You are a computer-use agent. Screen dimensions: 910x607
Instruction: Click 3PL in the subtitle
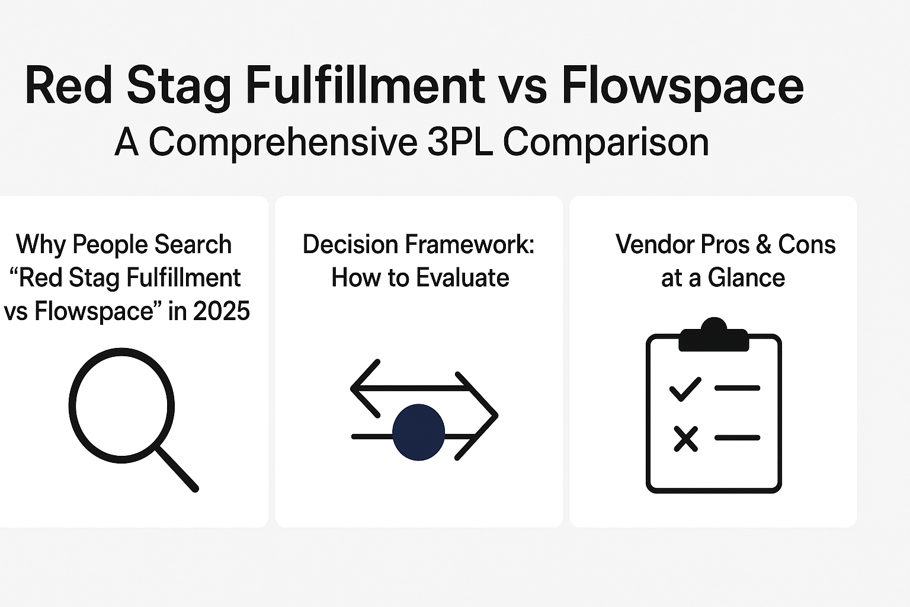[460, 142]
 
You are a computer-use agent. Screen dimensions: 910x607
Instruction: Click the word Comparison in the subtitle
[606, 143]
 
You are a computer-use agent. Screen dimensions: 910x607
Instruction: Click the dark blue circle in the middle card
[418, 432]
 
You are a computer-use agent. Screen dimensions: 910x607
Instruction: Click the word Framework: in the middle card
[470, 244]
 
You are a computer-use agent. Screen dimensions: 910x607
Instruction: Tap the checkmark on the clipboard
[685, 389]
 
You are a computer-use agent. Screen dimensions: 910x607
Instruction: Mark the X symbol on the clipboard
[685, 439]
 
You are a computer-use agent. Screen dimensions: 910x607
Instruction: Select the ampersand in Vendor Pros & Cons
[764, 244]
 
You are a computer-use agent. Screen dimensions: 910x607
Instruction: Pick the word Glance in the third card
[746, 278]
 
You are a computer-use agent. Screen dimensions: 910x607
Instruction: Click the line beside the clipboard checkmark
[738, 388]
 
